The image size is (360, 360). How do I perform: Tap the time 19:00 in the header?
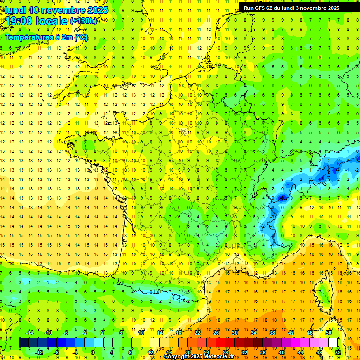click(22, 21)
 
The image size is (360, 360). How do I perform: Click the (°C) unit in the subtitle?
click(81, 37)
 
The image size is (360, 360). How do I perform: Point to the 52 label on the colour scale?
click(337, 352)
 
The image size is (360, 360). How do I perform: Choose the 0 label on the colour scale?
click(93, 352)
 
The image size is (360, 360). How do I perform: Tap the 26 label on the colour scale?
click(216, 333)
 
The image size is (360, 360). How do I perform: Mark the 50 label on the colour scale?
click(328, 333)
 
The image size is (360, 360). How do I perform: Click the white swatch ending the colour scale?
click(333, 343)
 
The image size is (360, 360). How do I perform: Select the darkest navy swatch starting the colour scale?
click(24, 343)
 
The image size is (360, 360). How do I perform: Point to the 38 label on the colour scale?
click(272, 333)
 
